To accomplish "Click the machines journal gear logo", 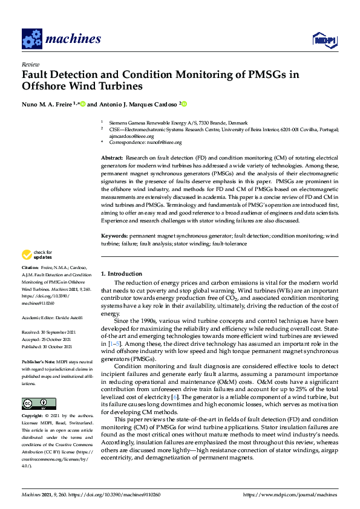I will click(x=31, y=39).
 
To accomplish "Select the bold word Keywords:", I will click(x=114, y=234).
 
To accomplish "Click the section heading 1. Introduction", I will click(x=121, y=274).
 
